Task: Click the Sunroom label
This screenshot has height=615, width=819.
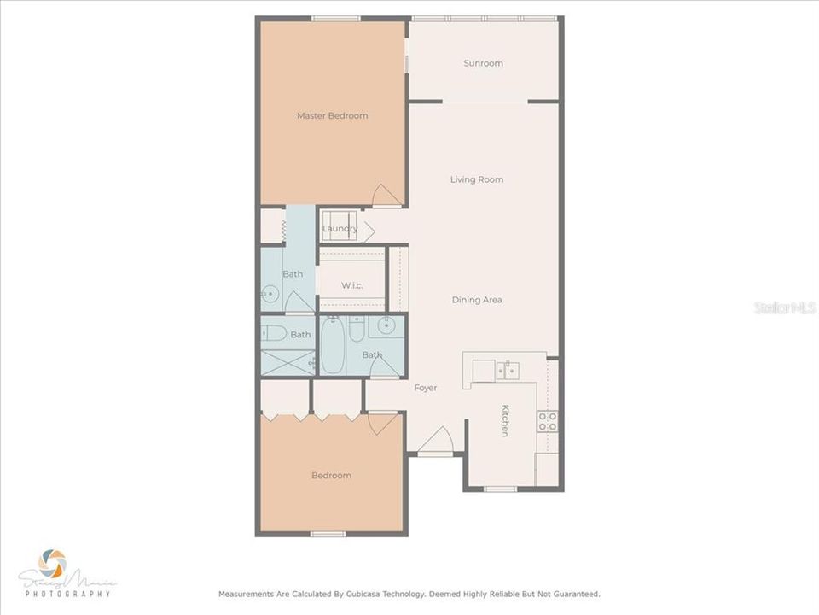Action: [483, 63]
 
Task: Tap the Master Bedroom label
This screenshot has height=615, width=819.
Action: [332, 115]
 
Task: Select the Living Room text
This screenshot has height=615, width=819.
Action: [477, 179]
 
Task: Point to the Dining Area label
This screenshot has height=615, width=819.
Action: [476, 300]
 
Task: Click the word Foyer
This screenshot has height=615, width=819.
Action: [425, 388]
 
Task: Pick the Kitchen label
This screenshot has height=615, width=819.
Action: [505, 420]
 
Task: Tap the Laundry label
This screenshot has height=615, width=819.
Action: [340, 229]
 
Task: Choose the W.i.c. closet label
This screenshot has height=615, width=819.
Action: [351, 285]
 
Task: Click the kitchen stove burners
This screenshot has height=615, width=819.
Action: [547, 420]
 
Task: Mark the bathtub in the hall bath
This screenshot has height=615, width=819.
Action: [332, 347]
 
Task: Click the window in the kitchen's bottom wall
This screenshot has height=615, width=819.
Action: [500, 489]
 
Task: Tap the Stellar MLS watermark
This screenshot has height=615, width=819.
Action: [785, 307]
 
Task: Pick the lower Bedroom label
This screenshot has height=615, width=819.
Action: [331, 476]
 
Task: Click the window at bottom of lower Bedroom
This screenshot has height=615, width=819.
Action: [328, 535]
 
